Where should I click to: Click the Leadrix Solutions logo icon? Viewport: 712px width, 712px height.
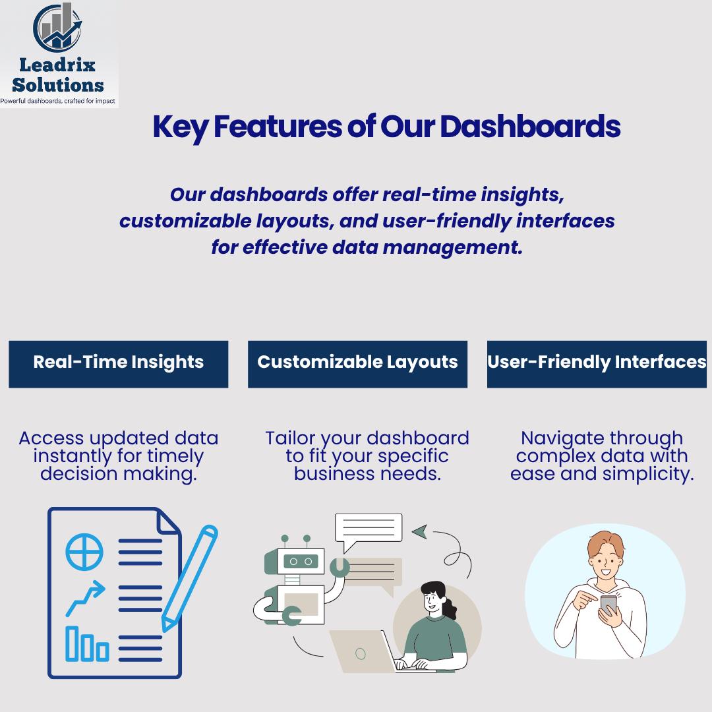57,28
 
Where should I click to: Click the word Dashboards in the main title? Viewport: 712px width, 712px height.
530,127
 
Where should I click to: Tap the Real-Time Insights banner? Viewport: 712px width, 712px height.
119,363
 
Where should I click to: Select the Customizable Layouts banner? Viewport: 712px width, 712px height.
357,363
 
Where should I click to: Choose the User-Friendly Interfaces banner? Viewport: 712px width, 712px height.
597,363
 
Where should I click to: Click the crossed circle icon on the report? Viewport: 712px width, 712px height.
84,552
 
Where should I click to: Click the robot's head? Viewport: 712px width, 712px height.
300,561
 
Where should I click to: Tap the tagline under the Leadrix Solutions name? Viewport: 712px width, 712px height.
58,101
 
